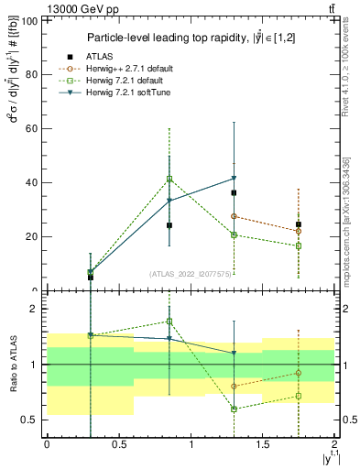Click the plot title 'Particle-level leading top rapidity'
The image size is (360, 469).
click(x=191, y=38)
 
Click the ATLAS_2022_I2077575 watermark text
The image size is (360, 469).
click(x=190, y=274)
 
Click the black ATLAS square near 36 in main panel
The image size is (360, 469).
click(x=235, y=193)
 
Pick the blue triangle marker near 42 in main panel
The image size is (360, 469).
click(x=235, y=178)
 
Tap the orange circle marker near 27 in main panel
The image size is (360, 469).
click(x=235, y=216)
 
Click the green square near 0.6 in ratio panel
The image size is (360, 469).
click(x=235, y=409)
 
